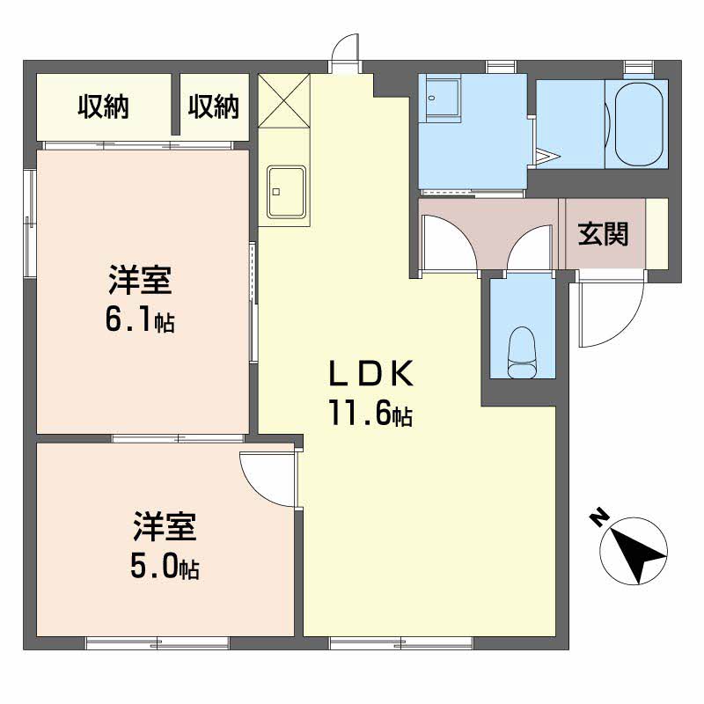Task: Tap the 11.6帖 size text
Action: (x=371, y=412)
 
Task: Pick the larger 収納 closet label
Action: (x=104, y=106)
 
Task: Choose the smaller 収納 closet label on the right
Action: (x=214, y=106)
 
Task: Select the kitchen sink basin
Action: (x=287, y=191)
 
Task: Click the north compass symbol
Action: (x=633, y=553)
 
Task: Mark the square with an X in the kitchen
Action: (x=285, y=100)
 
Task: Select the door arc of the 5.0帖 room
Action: (x=268, y=480)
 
